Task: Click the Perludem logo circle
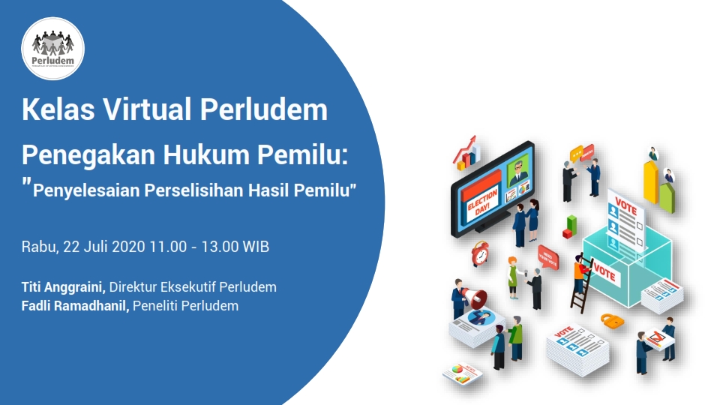click(52, 48)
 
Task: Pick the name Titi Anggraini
click(64, 286)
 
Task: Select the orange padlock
click(613, 320)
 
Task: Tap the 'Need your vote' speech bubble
click(548, 254)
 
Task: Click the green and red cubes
click(571, 224)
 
